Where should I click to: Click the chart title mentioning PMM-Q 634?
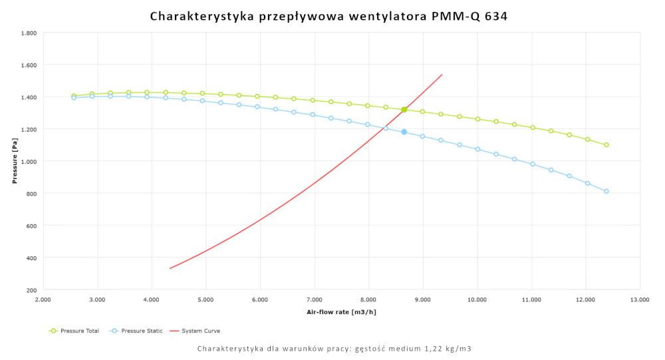[x=329, y=15]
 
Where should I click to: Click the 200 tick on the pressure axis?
[x=31, y=289]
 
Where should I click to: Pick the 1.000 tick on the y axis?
[x=29, y=161]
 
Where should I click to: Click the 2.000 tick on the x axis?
[x=43, y=300]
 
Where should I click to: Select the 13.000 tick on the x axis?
[x=640, y=300]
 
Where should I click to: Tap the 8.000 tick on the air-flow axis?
[x=368, y=300]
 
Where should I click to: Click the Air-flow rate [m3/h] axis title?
[x=341, y=311]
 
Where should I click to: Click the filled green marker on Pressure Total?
[x=404, y=110]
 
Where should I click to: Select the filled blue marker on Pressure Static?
[x=404, y=132]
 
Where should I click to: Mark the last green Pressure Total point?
[x=606, y=145]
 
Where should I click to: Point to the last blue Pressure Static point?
[x=606, y=192]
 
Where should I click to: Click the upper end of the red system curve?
[x=442, y=75]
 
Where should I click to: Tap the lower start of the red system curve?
[x=170, y=268]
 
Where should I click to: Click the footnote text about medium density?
[x=334, y=349]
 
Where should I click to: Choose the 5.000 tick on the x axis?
[x=205, y=300]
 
